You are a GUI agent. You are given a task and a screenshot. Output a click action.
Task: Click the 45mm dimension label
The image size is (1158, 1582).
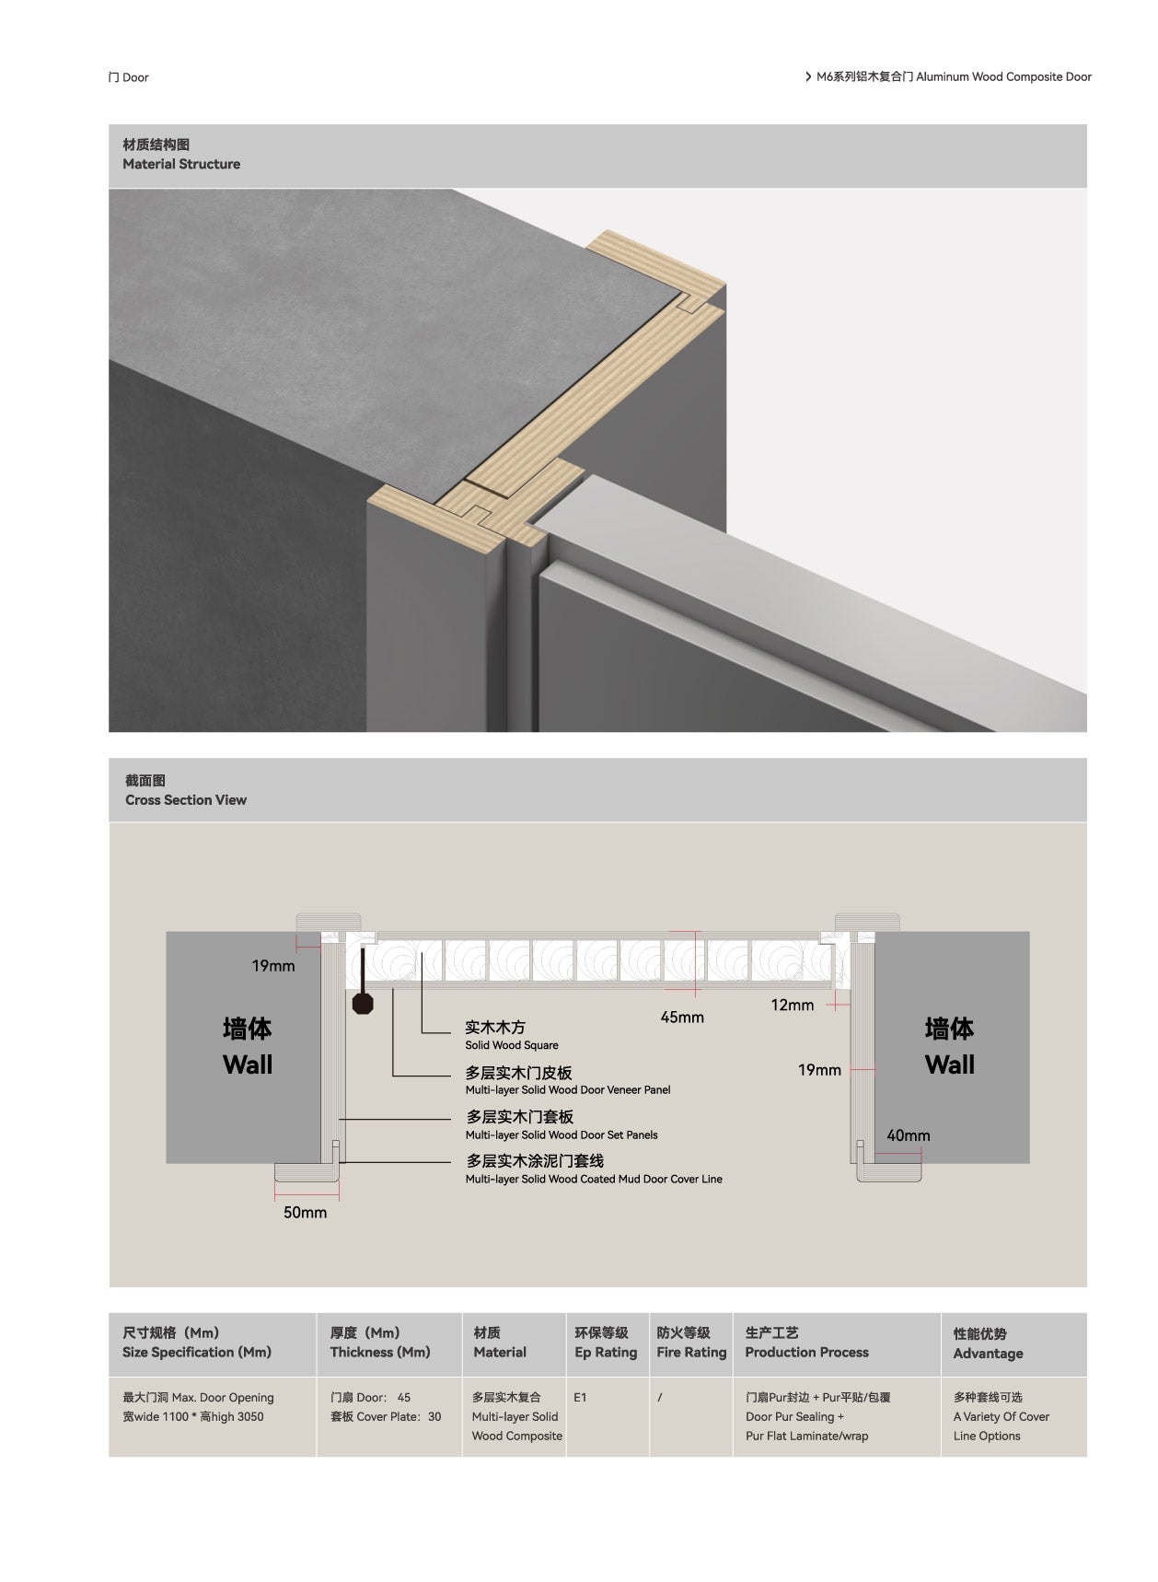682,1018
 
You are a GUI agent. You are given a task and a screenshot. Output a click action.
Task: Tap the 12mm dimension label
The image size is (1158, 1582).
793,1006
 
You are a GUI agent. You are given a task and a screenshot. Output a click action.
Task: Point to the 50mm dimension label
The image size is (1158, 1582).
305,1213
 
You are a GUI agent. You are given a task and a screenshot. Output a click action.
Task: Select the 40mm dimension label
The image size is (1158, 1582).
909,1136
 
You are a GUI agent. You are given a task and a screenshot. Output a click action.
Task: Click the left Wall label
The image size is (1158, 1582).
248,1065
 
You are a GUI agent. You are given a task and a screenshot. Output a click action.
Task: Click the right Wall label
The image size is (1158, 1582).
949,1065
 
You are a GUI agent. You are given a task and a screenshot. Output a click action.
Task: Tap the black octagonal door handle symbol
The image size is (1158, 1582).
364,1002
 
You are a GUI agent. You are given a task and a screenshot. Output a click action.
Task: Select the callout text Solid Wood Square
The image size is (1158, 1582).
512,1045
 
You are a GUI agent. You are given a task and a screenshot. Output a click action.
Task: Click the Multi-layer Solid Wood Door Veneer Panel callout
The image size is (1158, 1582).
568,1090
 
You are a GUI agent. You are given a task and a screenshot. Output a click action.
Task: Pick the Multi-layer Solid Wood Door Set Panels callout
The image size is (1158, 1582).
562,1135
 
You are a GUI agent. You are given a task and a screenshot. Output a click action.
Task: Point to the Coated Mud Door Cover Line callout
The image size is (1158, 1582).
594,1180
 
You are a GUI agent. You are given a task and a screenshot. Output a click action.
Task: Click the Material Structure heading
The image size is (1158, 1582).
181,164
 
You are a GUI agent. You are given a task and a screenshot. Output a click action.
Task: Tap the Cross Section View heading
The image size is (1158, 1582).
186,800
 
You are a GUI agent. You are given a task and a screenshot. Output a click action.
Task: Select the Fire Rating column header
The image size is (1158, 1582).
691,1353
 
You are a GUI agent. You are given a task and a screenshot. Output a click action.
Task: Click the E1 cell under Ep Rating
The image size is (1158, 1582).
580,1398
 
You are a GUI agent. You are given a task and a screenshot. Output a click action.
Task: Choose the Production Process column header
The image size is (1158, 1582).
806,1353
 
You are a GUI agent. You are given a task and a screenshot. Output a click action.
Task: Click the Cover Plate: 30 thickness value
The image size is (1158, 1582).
386,1417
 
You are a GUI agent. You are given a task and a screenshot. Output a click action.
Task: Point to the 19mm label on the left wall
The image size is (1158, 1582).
273,966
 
